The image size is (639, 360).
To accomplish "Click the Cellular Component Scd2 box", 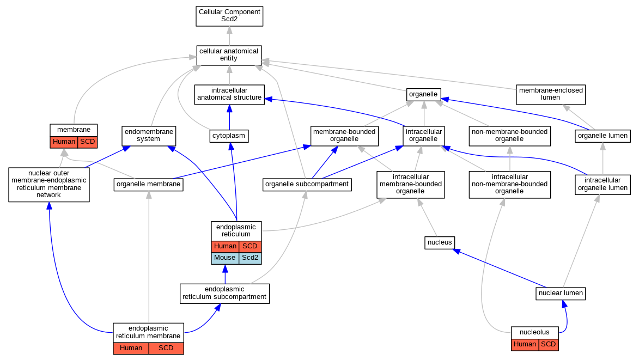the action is coord(229,16).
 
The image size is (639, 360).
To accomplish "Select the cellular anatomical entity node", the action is coord(229,56).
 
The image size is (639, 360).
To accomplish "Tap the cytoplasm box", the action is coord(229,136).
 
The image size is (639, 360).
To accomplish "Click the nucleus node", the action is coord(440,243).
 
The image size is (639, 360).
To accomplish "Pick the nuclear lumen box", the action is coord(561,293).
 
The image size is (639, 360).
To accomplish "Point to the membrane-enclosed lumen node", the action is coord(551,94).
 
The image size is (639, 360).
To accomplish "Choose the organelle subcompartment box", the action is coord(307,185).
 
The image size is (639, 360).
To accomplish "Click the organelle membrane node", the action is coord(149,185).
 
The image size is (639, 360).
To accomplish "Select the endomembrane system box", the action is coord(149,136).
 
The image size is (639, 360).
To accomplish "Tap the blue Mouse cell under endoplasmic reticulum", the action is coord(225,258).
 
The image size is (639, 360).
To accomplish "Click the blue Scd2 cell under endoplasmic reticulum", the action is coord(250,258).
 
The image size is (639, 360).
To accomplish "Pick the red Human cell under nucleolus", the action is coord(525,345).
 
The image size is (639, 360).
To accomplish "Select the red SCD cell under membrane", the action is coord(88,142).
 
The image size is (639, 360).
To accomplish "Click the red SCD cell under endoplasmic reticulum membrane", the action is coord(166,349).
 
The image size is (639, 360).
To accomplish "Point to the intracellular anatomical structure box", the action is coord(229,94).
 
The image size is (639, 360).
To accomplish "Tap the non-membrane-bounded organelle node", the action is coord(510,136).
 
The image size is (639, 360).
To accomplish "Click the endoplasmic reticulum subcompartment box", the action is coord(224,294).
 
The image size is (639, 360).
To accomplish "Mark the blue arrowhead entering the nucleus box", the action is coord(457,252).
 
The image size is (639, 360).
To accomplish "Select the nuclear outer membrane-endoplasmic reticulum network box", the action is coord(49,185).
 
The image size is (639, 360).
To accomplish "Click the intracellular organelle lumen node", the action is coord(603,185).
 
